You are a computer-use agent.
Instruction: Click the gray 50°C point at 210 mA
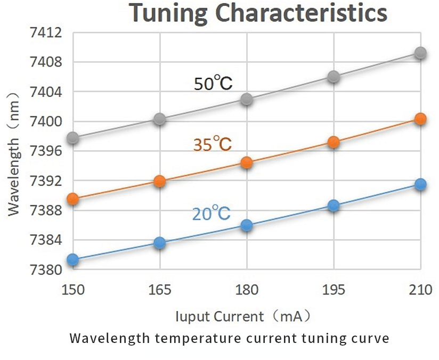click(x=420, y=53)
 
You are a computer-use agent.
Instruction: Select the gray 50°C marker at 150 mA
click(x=73, y=138)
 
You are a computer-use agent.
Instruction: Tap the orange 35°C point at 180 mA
click(x=247, y=162)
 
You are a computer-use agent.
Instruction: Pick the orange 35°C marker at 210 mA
click(x=420, y=119)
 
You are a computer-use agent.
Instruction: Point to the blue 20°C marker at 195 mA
click(x=334, y=206)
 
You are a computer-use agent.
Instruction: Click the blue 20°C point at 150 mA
click(x=73, y=259)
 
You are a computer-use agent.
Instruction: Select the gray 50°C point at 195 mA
click(x=334, y=77)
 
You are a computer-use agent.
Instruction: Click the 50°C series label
click(x=213, y=84)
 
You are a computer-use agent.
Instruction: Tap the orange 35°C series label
click(x=212, y=144)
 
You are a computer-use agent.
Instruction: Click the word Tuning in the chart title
click(x=169, y=14)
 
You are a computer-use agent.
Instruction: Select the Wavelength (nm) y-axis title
click(x=15, y=152)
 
